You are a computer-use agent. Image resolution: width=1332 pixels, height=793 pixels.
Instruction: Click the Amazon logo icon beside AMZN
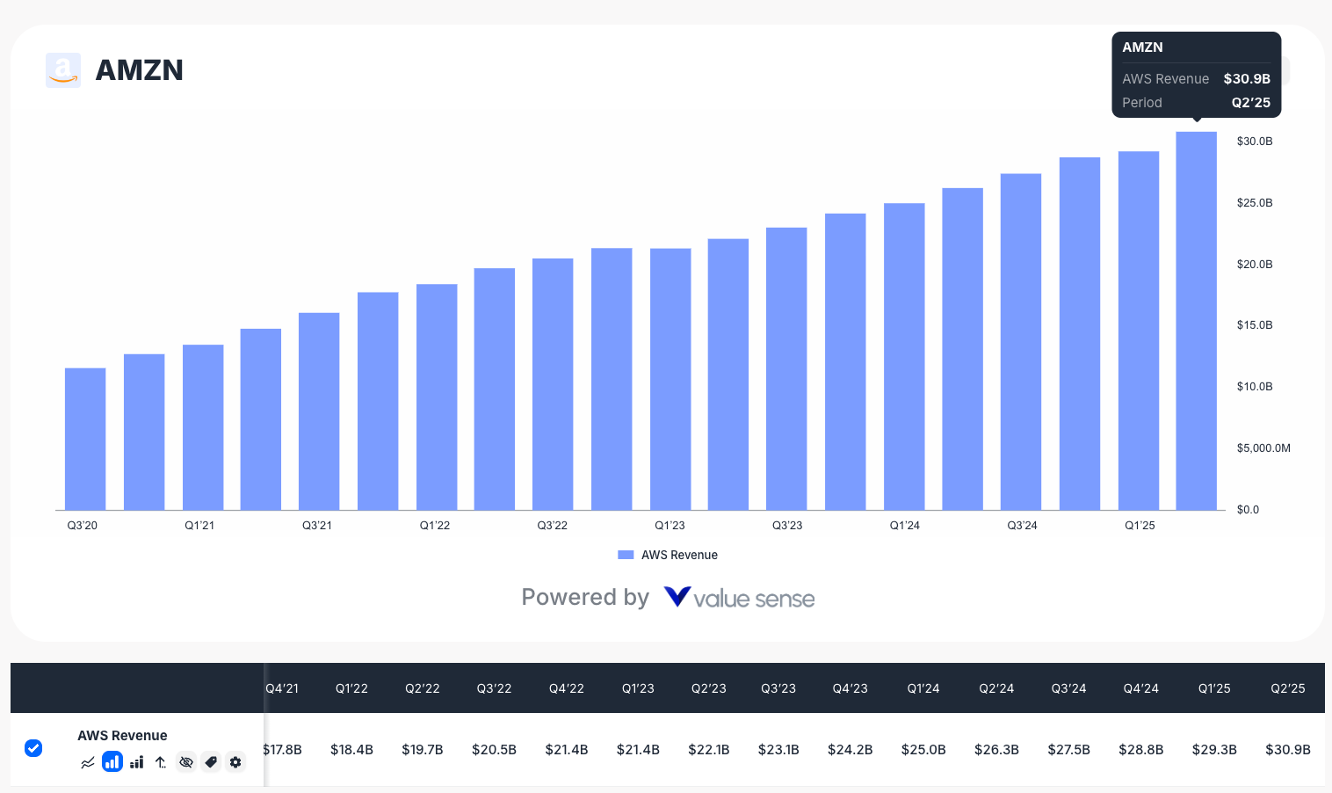click(x=63, y=70)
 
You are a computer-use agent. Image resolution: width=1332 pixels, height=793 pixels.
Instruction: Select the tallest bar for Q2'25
click(x=1196, y=321)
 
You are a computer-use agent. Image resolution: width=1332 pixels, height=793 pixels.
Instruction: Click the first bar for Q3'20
click(x=85, y=439)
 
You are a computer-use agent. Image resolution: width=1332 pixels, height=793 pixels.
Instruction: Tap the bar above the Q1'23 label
click(x=670, y=379)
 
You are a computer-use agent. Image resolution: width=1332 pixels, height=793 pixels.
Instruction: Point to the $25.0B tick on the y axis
click(x=1254, y=203)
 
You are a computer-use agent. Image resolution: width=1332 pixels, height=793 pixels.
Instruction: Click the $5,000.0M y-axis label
click(x=1263, y=448)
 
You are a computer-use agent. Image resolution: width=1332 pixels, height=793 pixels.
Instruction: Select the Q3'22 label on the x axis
click(x=552, y=526)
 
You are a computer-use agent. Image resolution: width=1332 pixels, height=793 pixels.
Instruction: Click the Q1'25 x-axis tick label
click(x=1140, y=526)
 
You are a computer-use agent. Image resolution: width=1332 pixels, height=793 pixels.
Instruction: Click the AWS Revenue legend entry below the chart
click(x=669, y=555)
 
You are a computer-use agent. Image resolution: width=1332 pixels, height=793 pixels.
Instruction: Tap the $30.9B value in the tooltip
click(x=1247, y=79)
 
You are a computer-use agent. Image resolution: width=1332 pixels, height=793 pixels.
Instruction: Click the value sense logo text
click(x=753, y=599)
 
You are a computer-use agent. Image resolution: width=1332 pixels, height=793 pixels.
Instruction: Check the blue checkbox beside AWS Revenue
click(x=33, y=748)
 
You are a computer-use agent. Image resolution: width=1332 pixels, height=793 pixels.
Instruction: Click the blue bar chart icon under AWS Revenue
click(x=112, y=762)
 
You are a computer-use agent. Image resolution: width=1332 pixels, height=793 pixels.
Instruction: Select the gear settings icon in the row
click(x=235, y=762)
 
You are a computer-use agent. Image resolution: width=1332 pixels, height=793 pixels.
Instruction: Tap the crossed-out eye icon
click(x=185, y=762)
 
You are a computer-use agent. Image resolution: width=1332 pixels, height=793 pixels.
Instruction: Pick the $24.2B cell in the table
click(x=850, y=750)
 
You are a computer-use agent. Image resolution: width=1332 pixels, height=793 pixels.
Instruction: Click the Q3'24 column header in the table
click(x=1068, y=688)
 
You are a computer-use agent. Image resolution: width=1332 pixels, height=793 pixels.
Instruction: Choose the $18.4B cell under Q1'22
click(x=351, y=750)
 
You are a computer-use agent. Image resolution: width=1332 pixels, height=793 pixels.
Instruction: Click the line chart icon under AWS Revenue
click(x=87, y=762)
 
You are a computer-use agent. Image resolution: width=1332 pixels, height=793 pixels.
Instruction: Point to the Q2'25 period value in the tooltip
click(x=1250, y=103)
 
